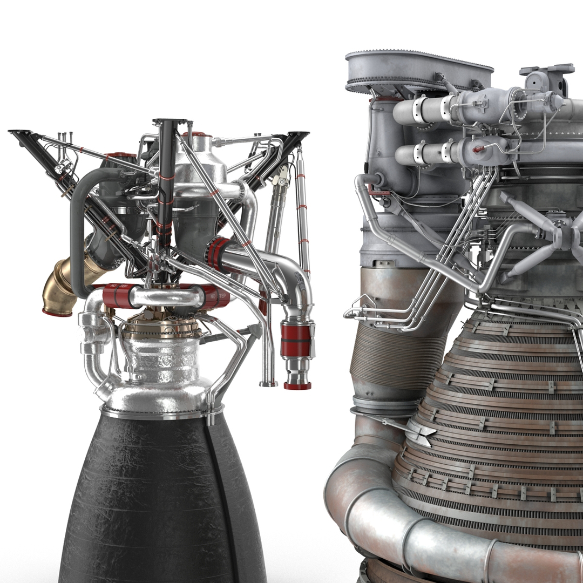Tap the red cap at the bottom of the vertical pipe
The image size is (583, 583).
pyautogui.click(x=297, y=385)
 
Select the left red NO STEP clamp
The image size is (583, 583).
pyautogui.click(x=118, y=296)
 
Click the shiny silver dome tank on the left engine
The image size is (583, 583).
pyautogui.click(x=204, y=157)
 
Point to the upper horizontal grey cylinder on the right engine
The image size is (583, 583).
pyautogui.click(x=426, y=110)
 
